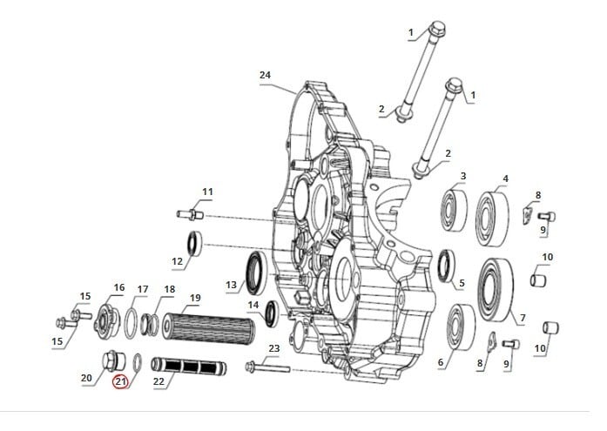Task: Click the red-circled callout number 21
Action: coord(120,382)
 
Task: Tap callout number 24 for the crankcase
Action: coord(265,75)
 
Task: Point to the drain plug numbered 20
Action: coord(114,360)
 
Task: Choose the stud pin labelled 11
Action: coord(190,214)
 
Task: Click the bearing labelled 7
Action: coord(496,289)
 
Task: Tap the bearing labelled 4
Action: coord(492,219)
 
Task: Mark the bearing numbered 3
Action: coord(454,211)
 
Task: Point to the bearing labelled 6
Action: coord(461,327)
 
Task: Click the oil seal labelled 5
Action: coord(447,266)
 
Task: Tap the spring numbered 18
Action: coord(150,324)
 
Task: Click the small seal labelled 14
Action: coord(272,313)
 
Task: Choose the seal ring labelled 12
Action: coord(195,243)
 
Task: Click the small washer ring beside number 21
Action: coord(137,362)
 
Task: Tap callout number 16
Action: coord(119,287)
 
